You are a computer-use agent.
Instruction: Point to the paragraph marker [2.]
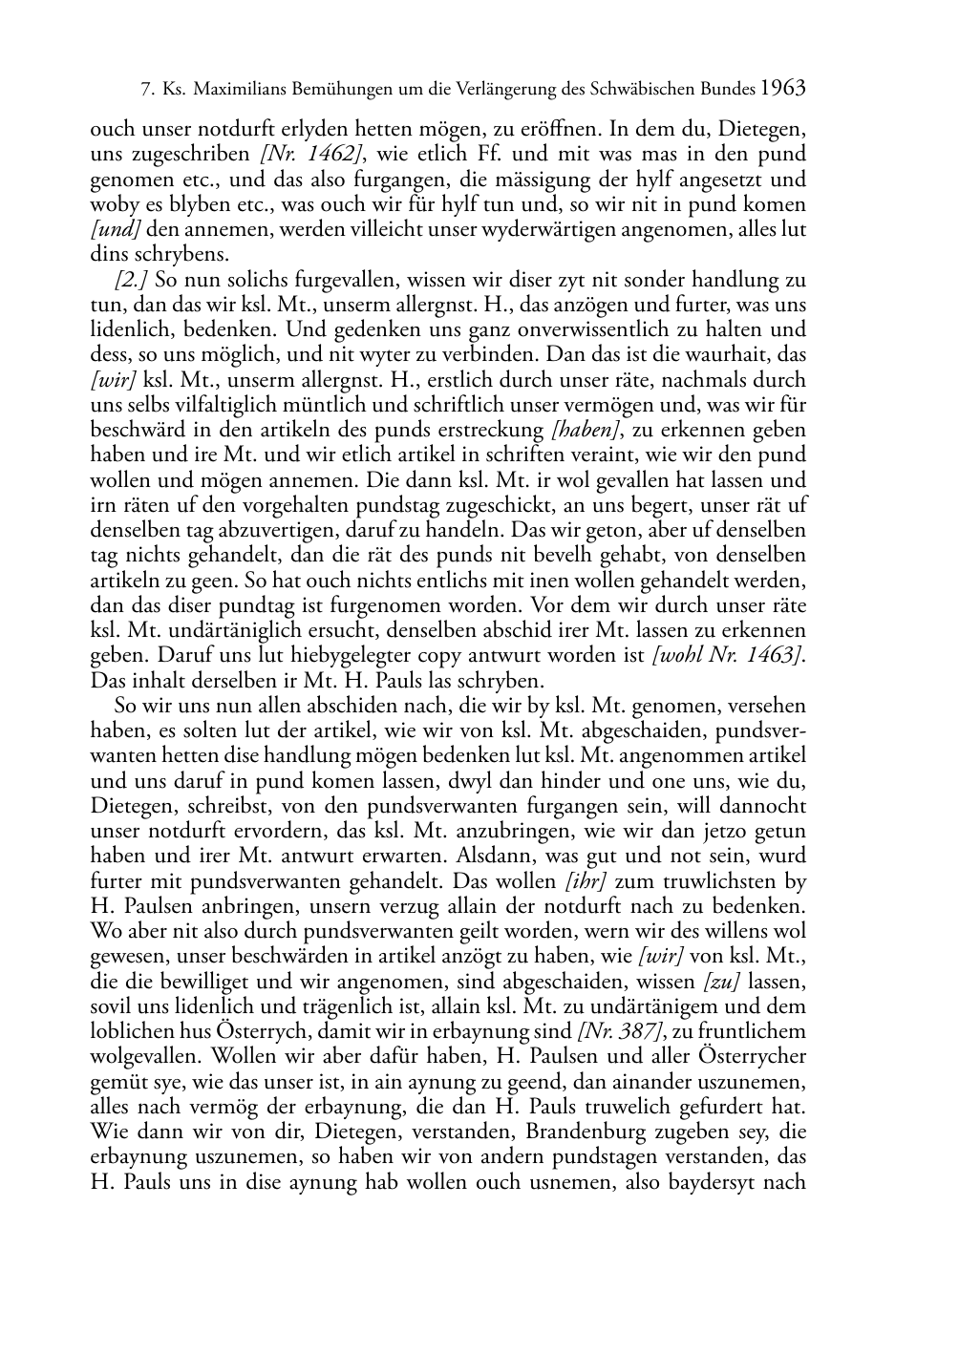pos(131,281)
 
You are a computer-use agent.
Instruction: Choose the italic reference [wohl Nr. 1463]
pos(724,656)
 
